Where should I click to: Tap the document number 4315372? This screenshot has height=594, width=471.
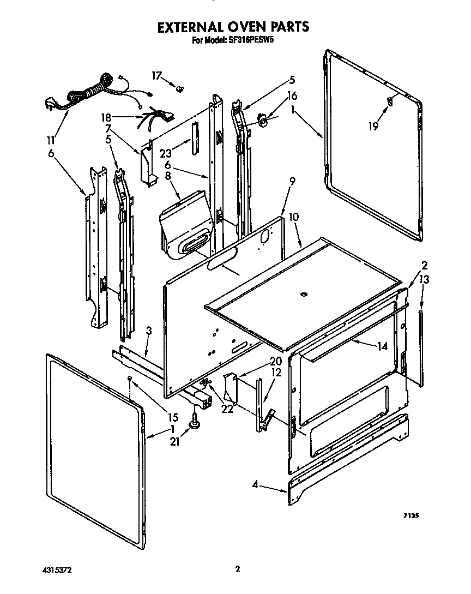[x=57, y=569]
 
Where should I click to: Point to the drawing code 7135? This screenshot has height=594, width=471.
[x=410, y=514]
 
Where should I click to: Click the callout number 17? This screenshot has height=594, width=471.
[x=157, y=76]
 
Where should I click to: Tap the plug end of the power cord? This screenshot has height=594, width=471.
[x=51, y=104]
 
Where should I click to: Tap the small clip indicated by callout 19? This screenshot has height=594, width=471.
[x=390, y=100]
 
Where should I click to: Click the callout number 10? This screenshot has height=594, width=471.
[x=293, y=217]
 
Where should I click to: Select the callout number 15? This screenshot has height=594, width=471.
[x=173, y=417]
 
